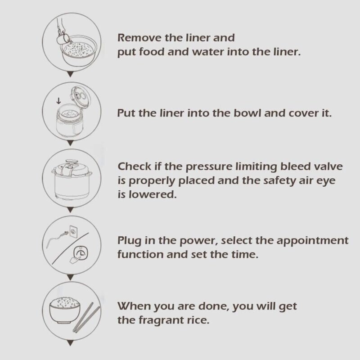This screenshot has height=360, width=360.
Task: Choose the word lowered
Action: [153, 194]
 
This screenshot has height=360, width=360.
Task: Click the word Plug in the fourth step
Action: [129, 241]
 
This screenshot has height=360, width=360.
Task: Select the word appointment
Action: [312, 241]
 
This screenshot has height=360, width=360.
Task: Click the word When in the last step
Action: [134, 306]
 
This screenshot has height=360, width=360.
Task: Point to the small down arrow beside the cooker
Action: [58, 100]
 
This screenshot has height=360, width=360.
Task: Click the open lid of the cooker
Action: [81, 97]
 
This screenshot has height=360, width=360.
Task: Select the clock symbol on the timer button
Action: [81, 253]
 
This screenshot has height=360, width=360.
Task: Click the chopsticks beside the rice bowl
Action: [86, 317]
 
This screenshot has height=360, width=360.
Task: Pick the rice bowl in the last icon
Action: [65, 310]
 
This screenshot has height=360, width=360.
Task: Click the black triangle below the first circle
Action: [71, 74]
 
